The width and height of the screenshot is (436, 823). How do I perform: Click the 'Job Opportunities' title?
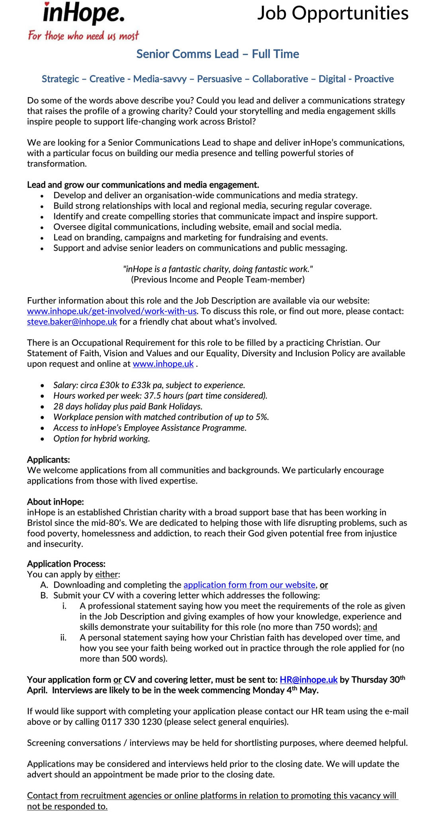(x=332, y=13)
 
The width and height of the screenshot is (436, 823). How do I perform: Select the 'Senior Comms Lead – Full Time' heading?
(x=217, y=54)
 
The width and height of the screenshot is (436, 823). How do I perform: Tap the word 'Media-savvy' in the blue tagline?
(x=160, y=79)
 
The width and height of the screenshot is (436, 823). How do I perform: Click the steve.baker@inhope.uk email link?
(x=72, y=322)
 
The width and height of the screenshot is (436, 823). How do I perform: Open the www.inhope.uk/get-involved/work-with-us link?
(x=112, y=311)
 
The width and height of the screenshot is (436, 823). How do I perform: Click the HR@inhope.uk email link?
(x=309, y=680)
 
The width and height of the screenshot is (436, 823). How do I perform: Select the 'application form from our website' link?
(x=249, y=585)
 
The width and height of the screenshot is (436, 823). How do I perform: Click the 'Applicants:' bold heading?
(x=49, y=460)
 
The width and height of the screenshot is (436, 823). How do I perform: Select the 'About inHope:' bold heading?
(x=55, y=502)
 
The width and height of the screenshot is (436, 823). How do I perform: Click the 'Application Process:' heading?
(x=66, y=564)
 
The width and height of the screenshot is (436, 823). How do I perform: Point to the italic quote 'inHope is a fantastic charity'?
(x=217, y=269)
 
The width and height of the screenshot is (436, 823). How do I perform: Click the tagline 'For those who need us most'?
(x=83, y=36)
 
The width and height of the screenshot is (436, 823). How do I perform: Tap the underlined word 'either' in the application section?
(x=106, y=574)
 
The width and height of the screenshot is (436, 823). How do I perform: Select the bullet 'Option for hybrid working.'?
(x=102, y=439)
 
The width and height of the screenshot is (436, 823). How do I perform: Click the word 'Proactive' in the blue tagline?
(x=374, y=79)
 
